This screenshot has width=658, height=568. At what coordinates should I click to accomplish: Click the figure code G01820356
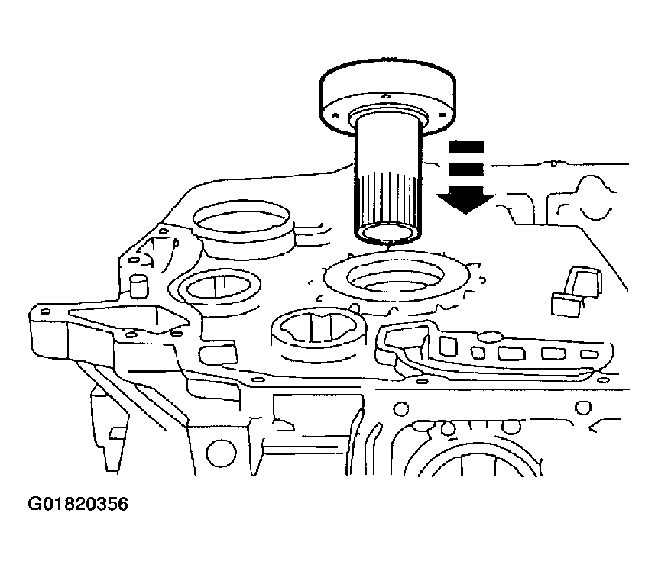point(78,505)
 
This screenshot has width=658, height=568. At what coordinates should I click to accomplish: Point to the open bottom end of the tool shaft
point(387,233)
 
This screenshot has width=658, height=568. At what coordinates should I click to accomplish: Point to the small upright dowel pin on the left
point(138,288)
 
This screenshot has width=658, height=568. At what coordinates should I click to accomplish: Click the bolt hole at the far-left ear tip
point(45,311)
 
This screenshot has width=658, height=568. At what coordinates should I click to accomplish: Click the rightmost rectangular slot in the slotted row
point(588,353)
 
